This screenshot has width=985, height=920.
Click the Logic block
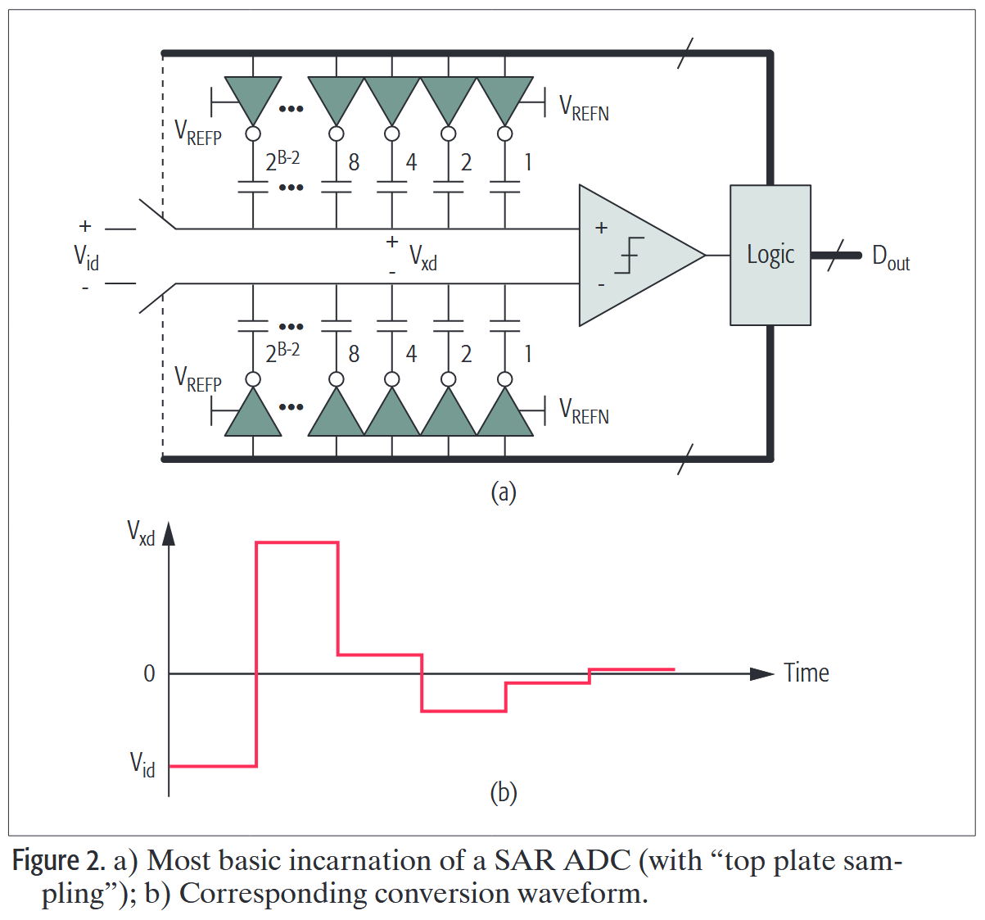[x=770, y=255]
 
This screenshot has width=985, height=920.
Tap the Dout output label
[x=891, y=257]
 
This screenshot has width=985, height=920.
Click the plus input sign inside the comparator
[x=601, y=228]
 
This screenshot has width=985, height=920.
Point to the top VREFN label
[x=584, y=108]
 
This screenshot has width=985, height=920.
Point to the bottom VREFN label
[x=584, y=411]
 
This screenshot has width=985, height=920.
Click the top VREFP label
[x=198, y=133]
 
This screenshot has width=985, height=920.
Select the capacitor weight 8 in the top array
[x=354, y=162]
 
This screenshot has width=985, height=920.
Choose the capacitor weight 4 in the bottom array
[x=411, y=354]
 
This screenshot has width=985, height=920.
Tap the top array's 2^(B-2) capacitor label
[x=282, y=161]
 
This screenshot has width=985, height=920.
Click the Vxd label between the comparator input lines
[x=423, y=258]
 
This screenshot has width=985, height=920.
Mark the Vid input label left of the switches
[x=86, y=257]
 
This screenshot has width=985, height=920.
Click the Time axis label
[x=806, y=673]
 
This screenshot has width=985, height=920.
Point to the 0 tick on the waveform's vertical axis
[x=149, y=673]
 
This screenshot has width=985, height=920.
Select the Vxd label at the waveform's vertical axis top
[x=141, y=533]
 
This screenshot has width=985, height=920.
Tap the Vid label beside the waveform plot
[x=142, y=765]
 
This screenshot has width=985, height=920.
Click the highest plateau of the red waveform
[x=297, y=542]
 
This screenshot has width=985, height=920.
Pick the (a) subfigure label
[x=503, y=492]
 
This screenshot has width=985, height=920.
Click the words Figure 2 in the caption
[x=57, y=861]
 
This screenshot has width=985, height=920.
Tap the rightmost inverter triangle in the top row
[x=504, y=98]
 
